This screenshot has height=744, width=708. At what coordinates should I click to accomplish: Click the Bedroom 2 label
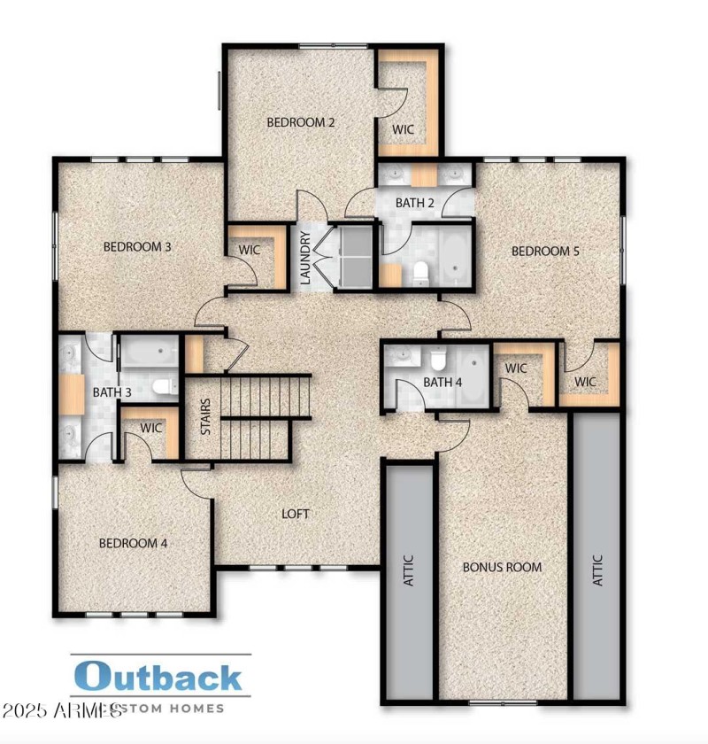tap(301, 122)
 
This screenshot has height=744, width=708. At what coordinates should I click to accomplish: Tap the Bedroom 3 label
tap(137, 246)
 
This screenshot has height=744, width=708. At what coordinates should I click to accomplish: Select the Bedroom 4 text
tap(133, 543)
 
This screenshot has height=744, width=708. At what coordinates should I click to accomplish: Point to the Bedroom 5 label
tap(545, 252)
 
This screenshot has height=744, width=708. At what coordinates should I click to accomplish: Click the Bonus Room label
tap(503, 567)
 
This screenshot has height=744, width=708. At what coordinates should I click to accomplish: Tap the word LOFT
tap(296, 514)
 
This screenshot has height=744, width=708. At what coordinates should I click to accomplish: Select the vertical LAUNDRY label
tap(305, 258)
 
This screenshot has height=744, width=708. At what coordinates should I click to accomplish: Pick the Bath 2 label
tap(414, 203)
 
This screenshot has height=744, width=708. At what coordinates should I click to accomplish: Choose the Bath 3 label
tap(112, 391)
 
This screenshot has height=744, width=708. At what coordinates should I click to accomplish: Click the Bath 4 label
tap(442, 383)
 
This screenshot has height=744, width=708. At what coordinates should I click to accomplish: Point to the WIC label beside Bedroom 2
tap(404, 129)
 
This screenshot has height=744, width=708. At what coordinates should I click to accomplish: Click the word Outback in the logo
tap(158, 678)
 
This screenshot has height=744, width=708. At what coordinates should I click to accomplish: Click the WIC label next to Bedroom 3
tap(250, 251)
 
